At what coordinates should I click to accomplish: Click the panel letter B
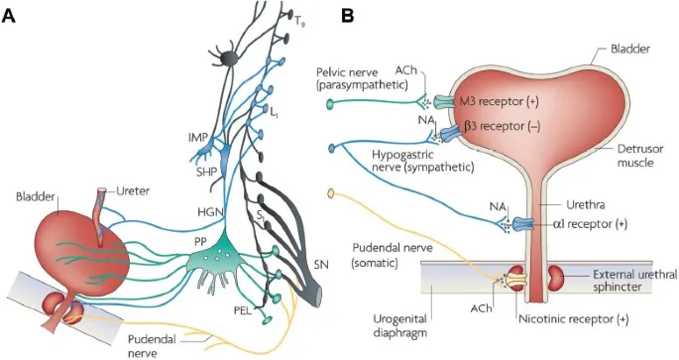(349, 17)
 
